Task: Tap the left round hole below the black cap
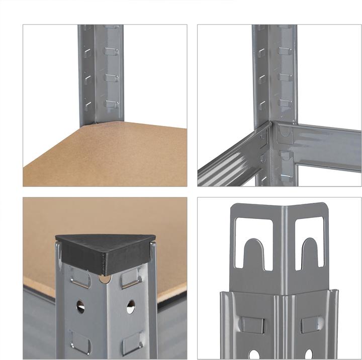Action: pos(80,306)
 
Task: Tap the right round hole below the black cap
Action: pos(131,306)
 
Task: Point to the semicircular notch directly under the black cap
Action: pos(106,278)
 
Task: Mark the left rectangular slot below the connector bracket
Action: pos(252,324)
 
